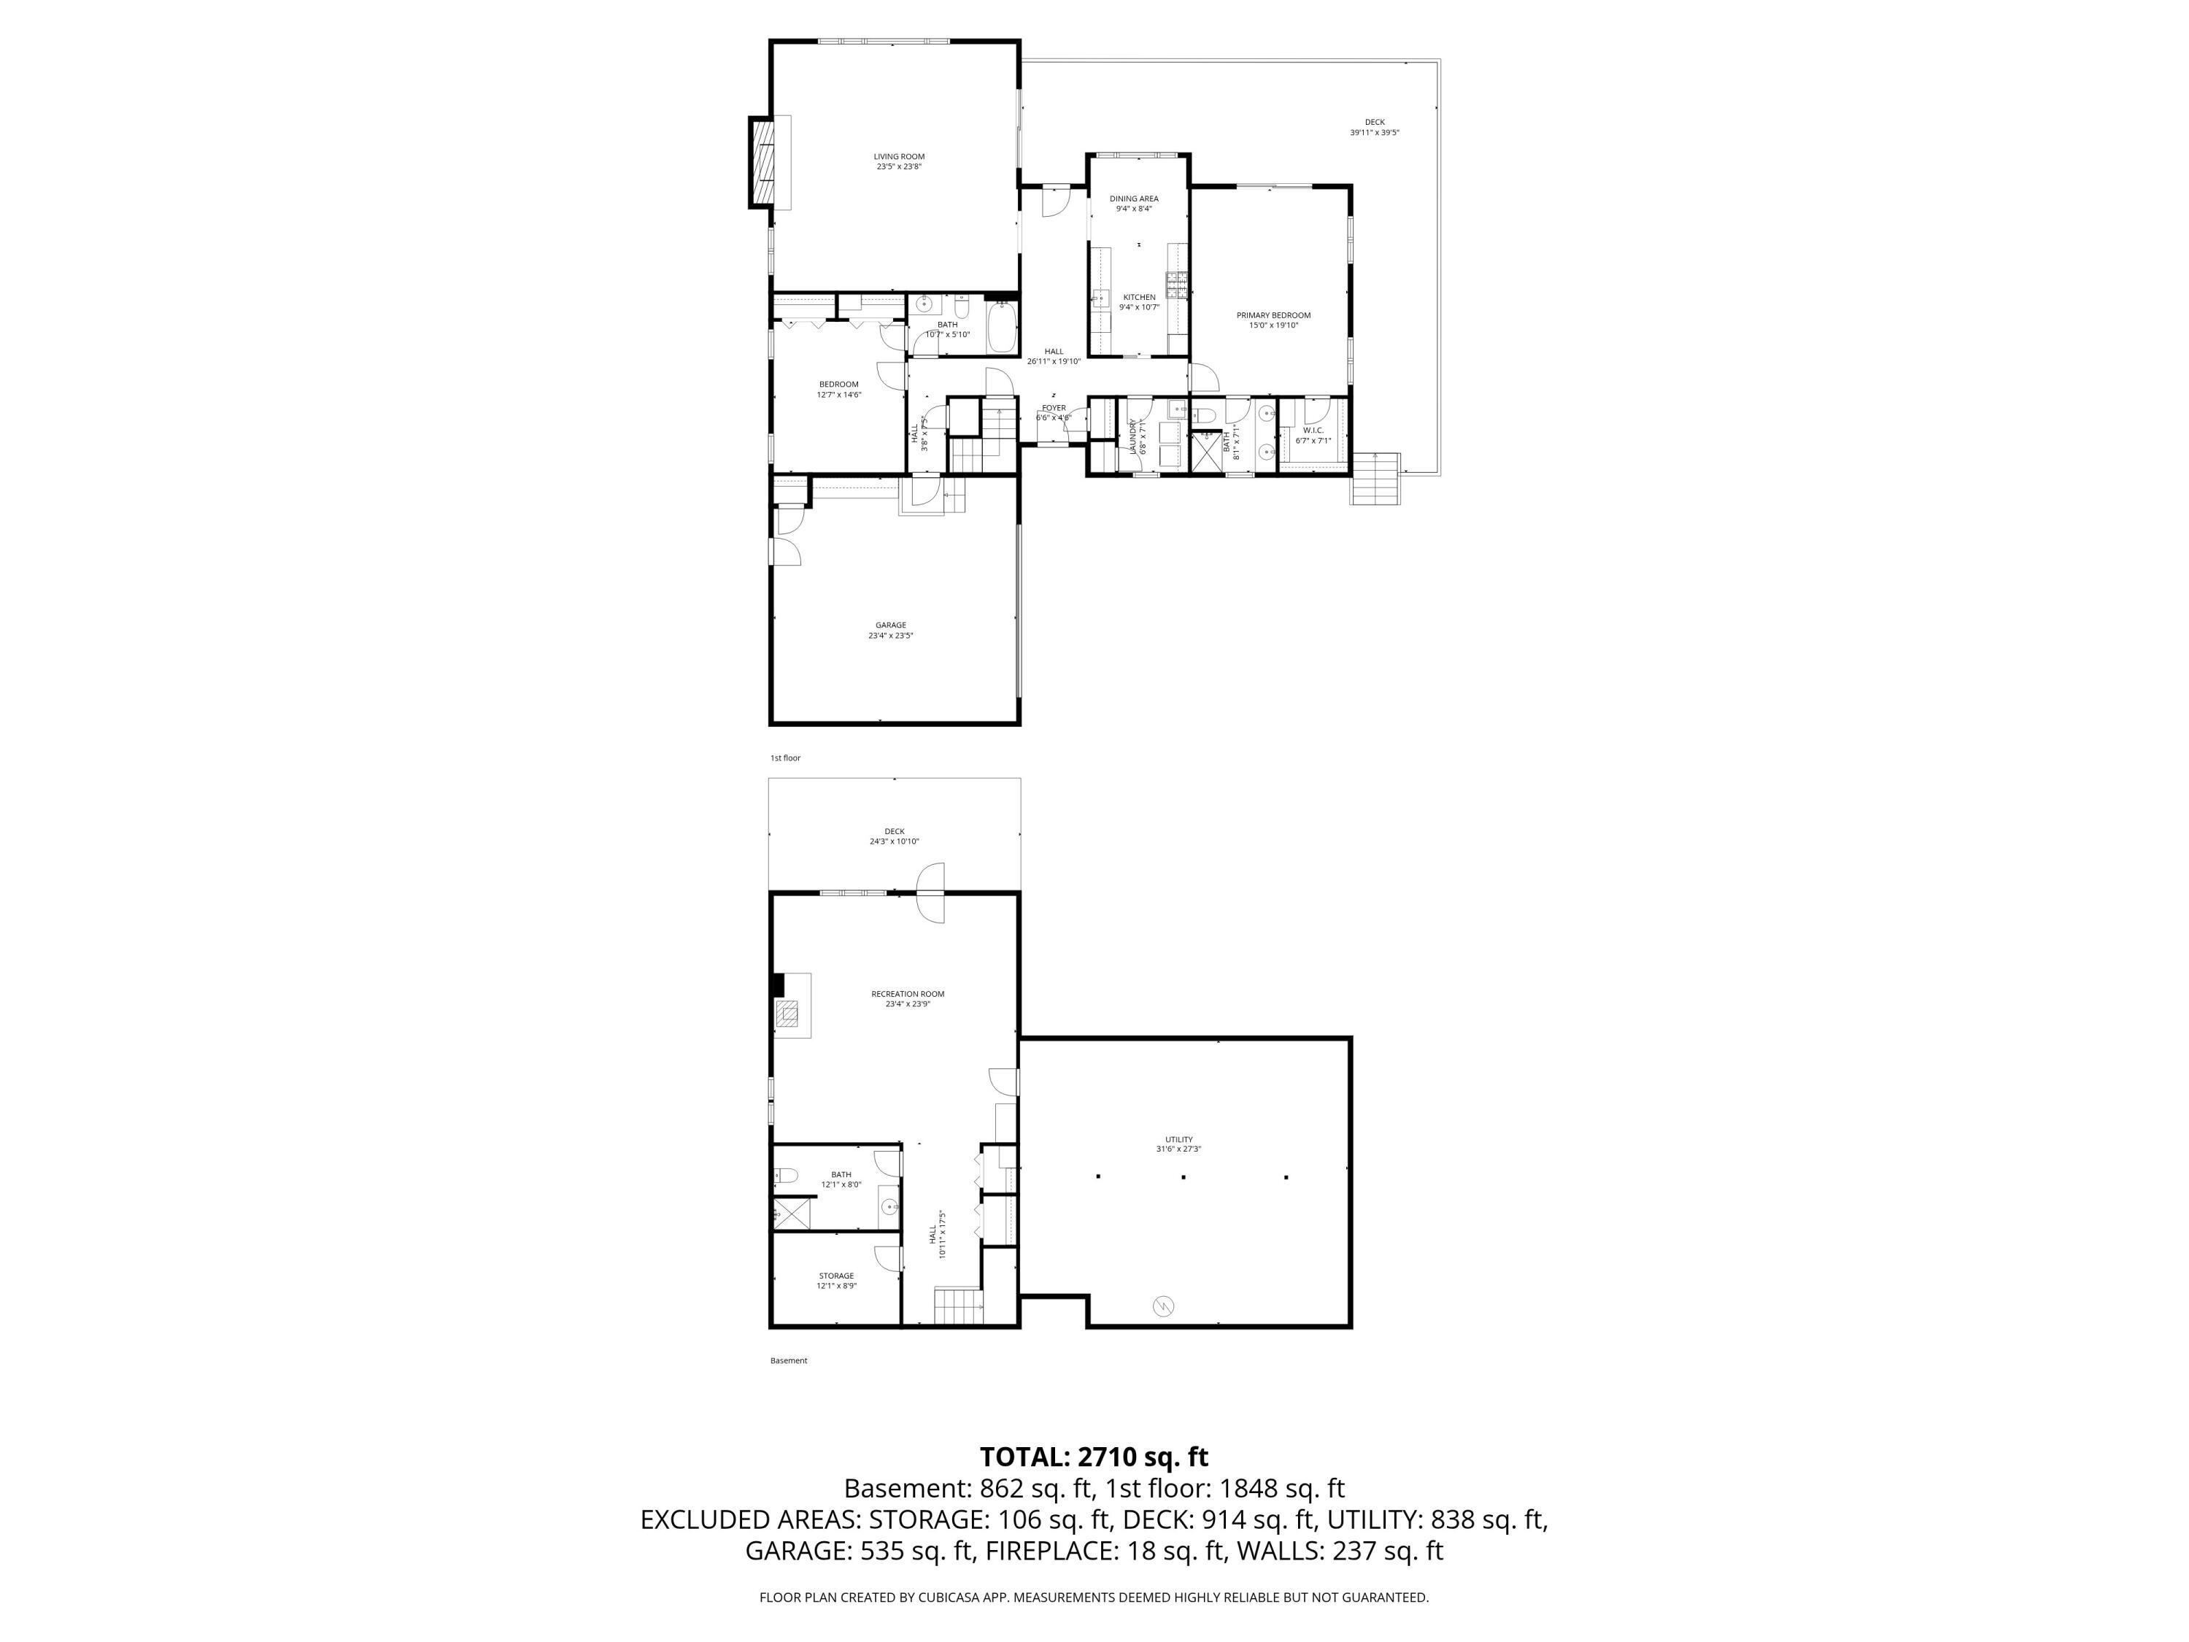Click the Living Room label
pos(898,156)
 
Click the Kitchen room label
pos(1138,298)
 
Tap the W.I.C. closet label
pos(1312,431)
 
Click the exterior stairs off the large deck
pos(1375,478)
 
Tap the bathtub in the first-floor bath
pos(1002,328)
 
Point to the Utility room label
pos(1178,1139)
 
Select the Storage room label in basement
pos(835,1276)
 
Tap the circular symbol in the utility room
pos(1163,1306)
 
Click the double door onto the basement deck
pos(931,893)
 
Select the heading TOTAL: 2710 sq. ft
pos(1094,1457)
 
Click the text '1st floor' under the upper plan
pos(784,758)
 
